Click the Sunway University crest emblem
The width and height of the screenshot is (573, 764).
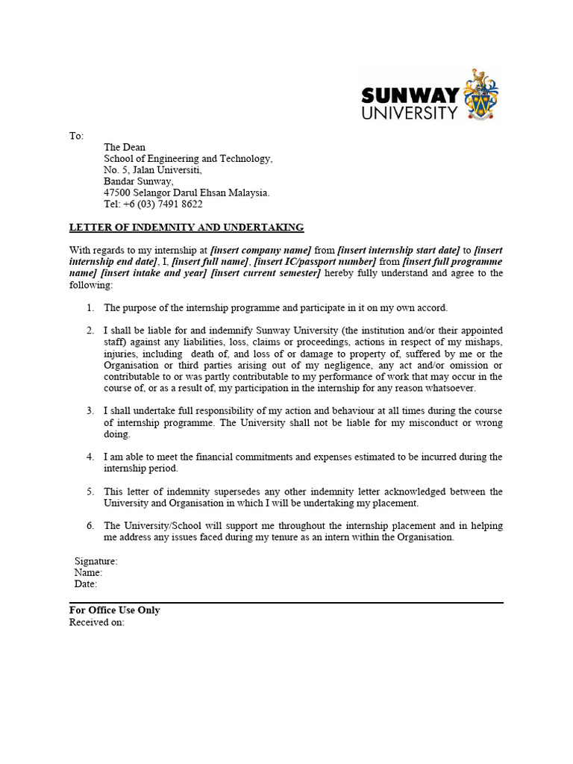[x=480, y=95]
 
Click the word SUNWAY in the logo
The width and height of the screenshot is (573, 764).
[x=410, y=95]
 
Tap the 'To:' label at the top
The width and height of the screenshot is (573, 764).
[x=76, y=136]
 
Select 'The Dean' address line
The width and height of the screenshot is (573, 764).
[x=125, y=148]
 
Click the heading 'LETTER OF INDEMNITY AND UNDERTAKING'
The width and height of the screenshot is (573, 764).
[x=187, y=228]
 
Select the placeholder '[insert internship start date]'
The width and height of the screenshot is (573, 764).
[x=398, y=251]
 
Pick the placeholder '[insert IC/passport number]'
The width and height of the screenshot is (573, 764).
[x=315, y=262]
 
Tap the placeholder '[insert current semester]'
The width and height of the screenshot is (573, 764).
[x=266, y=273]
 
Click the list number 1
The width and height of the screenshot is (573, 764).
[x=90, y=307]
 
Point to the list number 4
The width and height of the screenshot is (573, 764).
[x=90, y=457]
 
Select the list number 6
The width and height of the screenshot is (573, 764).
[x=90, y=526]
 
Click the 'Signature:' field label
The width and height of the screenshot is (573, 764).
[x=95, y=561]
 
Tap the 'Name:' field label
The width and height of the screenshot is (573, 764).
[x=88, y=572]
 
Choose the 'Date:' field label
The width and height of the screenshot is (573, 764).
[x=86, y=584]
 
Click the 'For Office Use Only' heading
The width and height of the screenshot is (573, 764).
[x=114, y=610]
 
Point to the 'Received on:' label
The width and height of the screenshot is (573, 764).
[x=97, y=622]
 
